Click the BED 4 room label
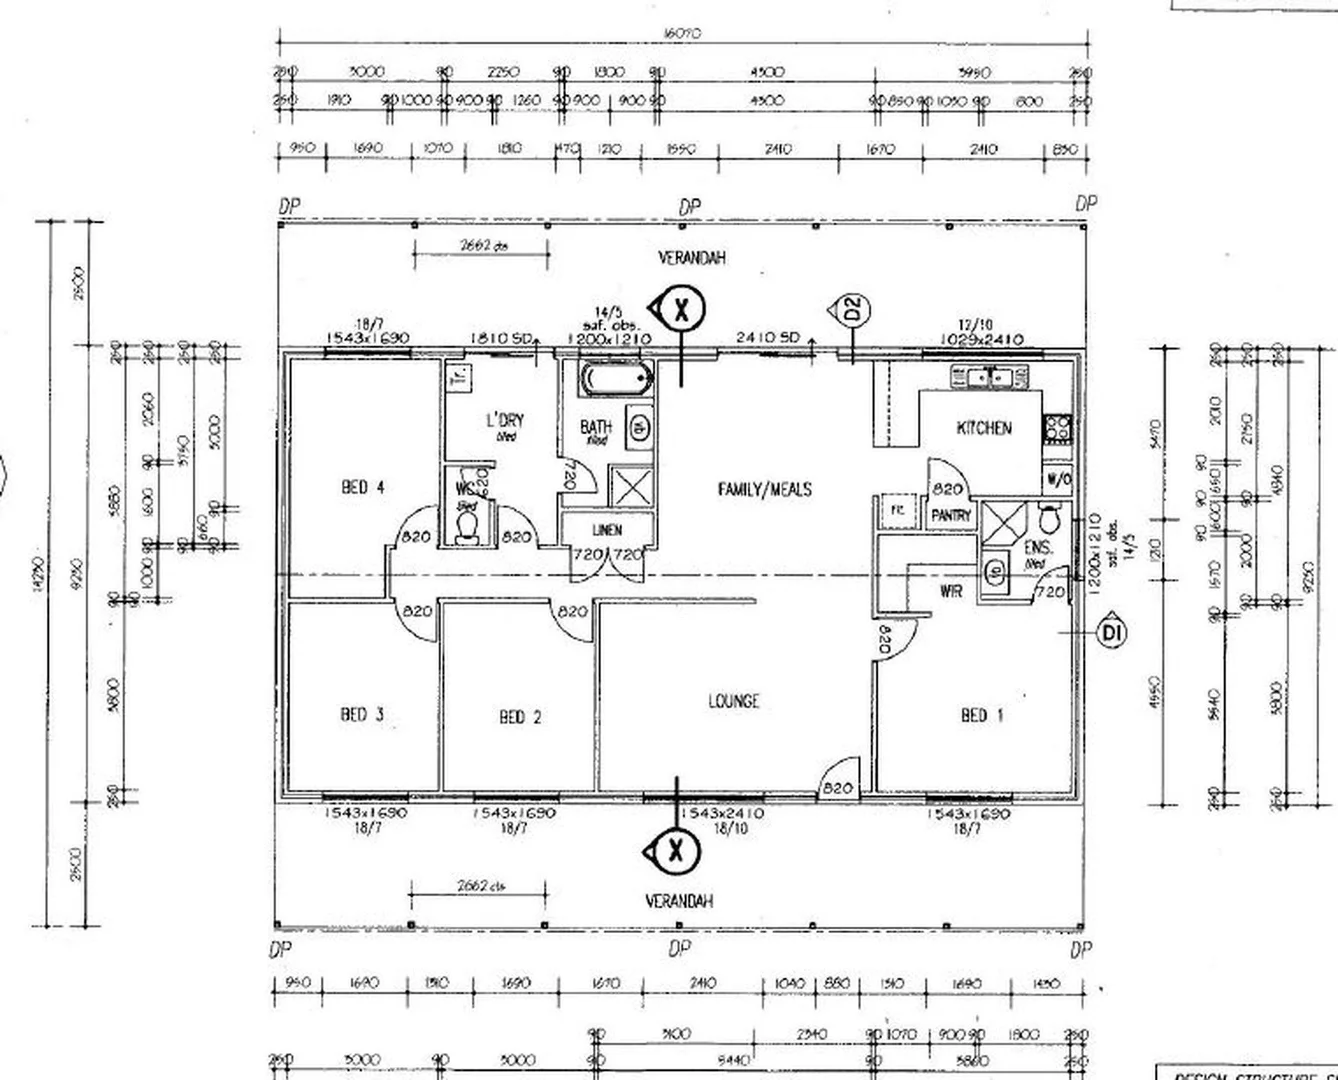tap(363, 488)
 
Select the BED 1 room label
tap(981, 715)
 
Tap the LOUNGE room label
tap(733, 701)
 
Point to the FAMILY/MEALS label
tap(765, 489)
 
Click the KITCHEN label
tap(984, 428)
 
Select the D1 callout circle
tap(1112, 632)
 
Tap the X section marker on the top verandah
tap(681, 309)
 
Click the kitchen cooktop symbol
tap(1057, 429)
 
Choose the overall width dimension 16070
tap(682, 33)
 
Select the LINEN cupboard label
tap(607, 530)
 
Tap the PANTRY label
tap(951, 516)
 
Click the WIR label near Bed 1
tap(951, 591)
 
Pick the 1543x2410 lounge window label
tap(722, 814)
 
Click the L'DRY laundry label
tap(504, 421)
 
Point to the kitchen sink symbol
tap(988, 377)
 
